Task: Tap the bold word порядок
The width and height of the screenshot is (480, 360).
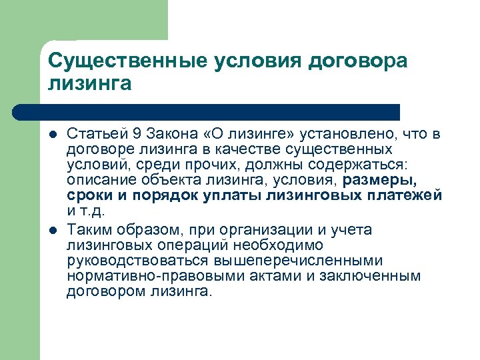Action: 165,195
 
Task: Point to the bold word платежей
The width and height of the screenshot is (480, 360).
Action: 407,195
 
